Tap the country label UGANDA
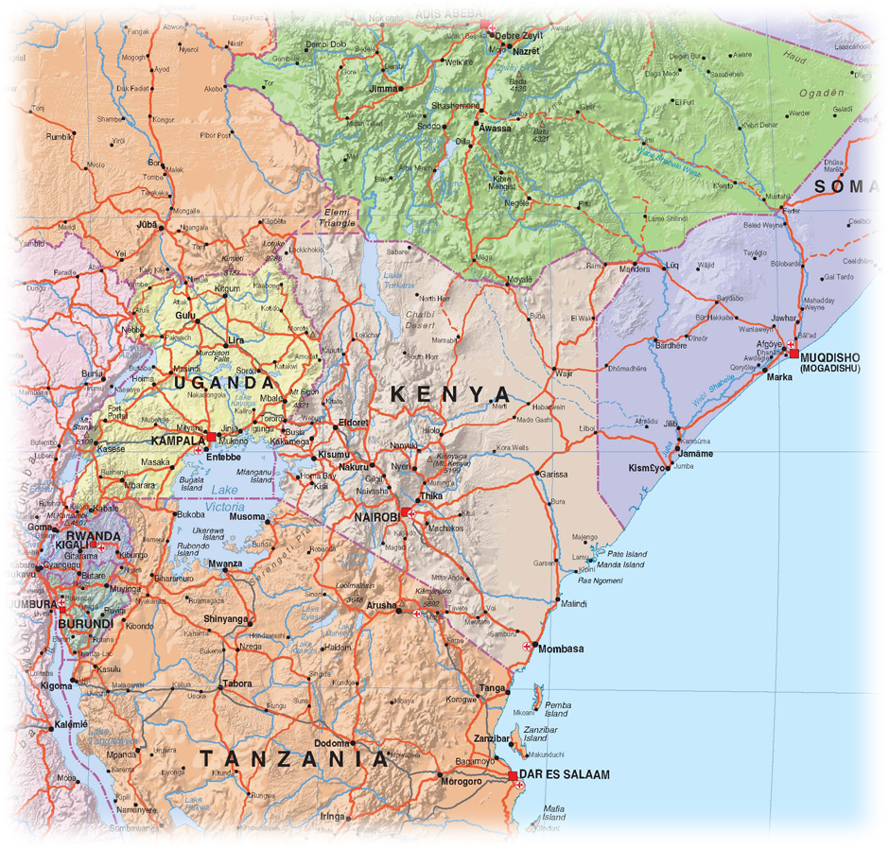pyautogui.click(x=222, y=383)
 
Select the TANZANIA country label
pyautogui.click(x=293, y=758)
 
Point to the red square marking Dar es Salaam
pyautogui.click(x=513, y=777)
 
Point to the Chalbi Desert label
pyautogui.click(x=419, y=319)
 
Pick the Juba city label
pyautogui.click(x=146, y=226)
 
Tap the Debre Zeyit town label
pyautogui.click(x=521, y=36)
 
